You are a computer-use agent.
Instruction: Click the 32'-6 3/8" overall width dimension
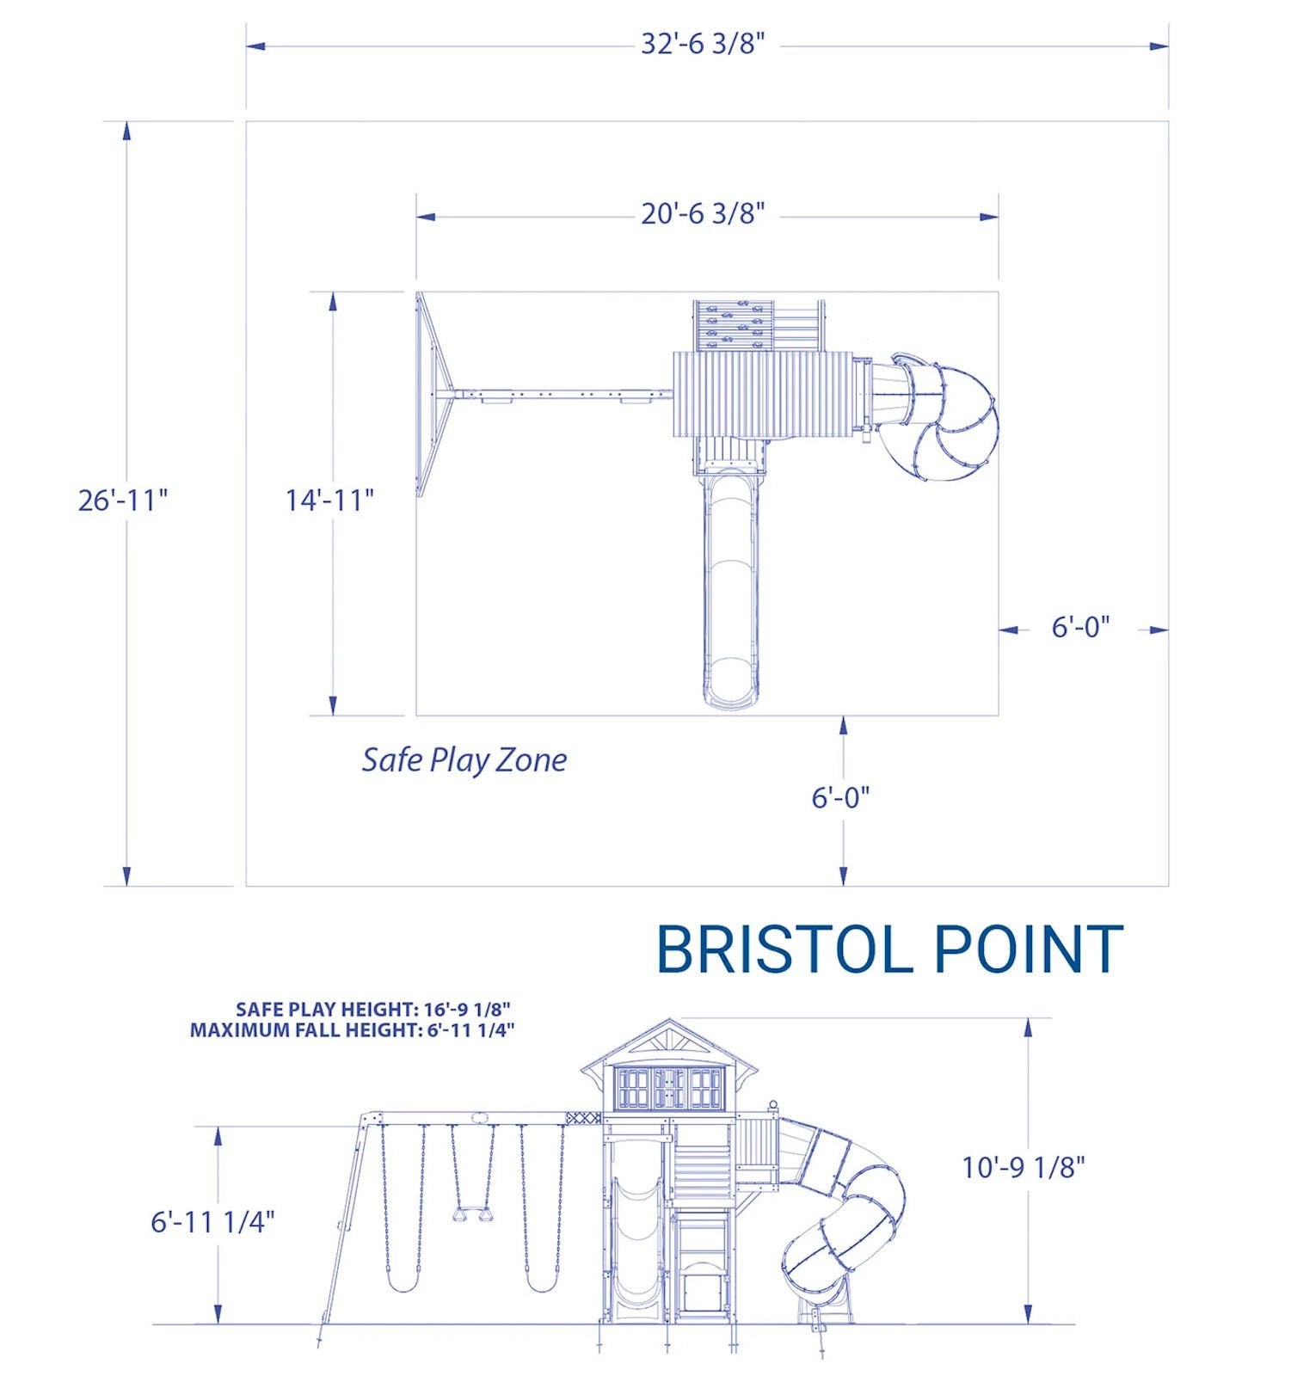tap(702, 44)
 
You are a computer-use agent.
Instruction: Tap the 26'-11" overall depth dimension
tap(123, 500)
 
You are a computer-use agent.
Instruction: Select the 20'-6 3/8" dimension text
tap(702, 213)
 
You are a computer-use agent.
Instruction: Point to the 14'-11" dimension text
tap(330, 500)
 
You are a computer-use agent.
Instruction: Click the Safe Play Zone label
tap(464, 760)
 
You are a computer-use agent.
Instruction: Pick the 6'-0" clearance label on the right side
tap(1081, 627)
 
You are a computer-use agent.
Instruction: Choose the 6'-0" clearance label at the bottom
tap(841, 797)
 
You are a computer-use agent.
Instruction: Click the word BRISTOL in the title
tap(783, 949)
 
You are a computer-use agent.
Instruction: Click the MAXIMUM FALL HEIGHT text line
tap(353, 1029)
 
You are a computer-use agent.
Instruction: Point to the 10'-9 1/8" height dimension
tap(1024, 1167)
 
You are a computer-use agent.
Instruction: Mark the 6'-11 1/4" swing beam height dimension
tap(213, 1221)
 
